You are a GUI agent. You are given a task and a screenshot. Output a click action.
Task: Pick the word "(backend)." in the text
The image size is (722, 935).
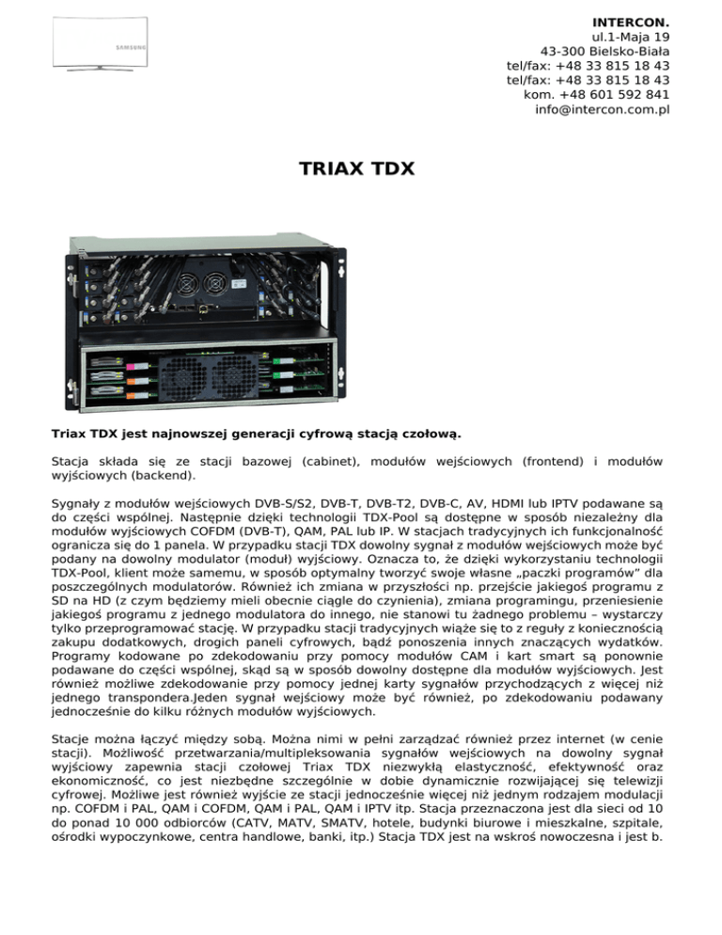(158, 478)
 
